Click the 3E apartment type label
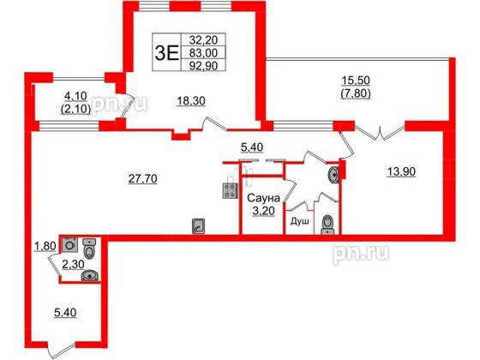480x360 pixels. click(167, 52)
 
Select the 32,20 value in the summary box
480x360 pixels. click(203, 39)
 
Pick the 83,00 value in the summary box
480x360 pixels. click(203, 53)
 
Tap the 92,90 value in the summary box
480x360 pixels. click(203, 66)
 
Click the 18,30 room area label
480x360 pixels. click(191, 101)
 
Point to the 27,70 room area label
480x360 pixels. click(142, 179)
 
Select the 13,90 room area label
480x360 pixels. click(401, 172)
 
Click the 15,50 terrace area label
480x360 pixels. click(356, 81)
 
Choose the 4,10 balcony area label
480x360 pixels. click(75, 96)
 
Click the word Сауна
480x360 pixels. click(263, 198)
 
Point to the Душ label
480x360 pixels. click(299, 221)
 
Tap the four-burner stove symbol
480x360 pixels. click(230, 191)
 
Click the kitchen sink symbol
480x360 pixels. click(199, 226)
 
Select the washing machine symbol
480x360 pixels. click(70, 245)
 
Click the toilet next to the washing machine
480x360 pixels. click(89, 249)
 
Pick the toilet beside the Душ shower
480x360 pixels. click(327, 225)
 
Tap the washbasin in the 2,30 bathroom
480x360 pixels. click(90, 276)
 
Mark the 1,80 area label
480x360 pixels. click(45, 246)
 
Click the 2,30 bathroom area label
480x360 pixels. click(73, 264)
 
